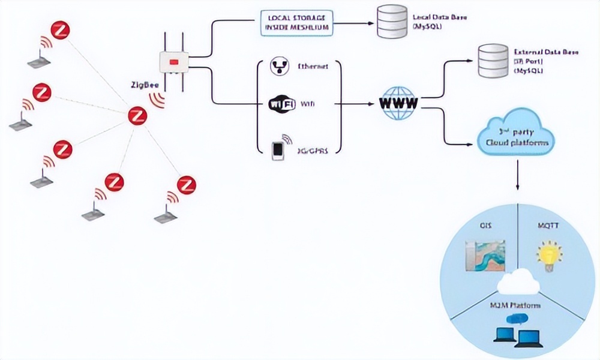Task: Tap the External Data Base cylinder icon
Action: (x=491, y=61)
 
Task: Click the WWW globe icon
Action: (x=398, y=103)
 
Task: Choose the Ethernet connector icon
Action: (x=278, y=67)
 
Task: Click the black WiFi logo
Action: (x=282, y=104)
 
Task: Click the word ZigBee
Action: (x=144, y=85)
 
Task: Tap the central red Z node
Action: (x=138, y=115)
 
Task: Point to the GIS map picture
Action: (x=485, y=254)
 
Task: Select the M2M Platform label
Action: (x=517, y=305)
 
